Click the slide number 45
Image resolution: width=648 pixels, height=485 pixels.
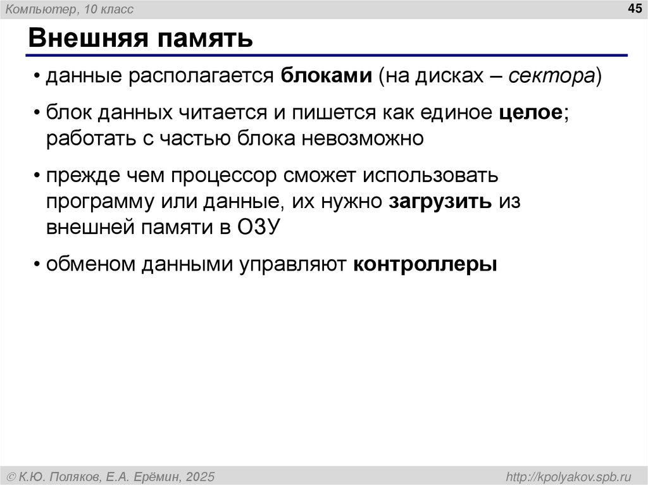coord(633,8)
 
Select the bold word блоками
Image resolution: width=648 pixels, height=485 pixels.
coord(327,77)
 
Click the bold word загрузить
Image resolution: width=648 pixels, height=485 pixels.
coord(440,201)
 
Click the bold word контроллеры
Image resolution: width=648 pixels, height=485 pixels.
coord(425,264)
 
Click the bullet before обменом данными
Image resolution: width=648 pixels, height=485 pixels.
coord(37,264)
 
